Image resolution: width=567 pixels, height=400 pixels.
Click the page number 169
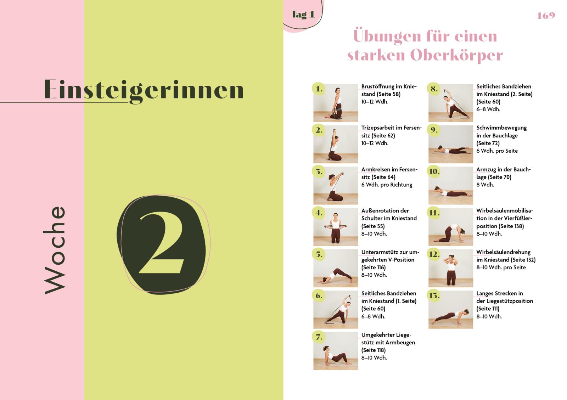[546, 16]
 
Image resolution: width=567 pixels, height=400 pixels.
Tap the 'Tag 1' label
[302, 15]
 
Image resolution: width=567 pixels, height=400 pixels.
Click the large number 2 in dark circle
[162, 244]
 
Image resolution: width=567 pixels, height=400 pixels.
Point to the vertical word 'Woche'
[55, 250]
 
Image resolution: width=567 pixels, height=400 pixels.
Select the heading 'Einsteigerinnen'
[144, 89]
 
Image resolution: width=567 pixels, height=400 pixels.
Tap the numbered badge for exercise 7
[319, 337]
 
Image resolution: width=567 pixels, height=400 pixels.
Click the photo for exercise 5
[336, 268]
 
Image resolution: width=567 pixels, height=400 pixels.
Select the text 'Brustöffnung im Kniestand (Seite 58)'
[388, 90]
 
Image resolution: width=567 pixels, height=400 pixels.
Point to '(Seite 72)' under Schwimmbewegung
[488, 143]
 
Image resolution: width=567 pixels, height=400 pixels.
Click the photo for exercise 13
[450, 310]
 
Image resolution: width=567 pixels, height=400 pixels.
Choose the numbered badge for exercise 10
[434, 172]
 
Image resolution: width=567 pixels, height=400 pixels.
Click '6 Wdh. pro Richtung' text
[387, 185]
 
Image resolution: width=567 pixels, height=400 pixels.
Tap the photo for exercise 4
[336, 227]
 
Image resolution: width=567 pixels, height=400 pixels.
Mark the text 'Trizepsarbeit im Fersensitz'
[391, 131]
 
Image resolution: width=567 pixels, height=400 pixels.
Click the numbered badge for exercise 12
[434, 254]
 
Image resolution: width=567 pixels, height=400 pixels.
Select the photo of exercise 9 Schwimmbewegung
[450, 144]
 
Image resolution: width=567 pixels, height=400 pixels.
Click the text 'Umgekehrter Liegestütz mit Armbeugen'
[388, 339]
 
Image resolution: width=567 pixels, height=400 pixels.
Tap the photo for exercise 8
[450, 103]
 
